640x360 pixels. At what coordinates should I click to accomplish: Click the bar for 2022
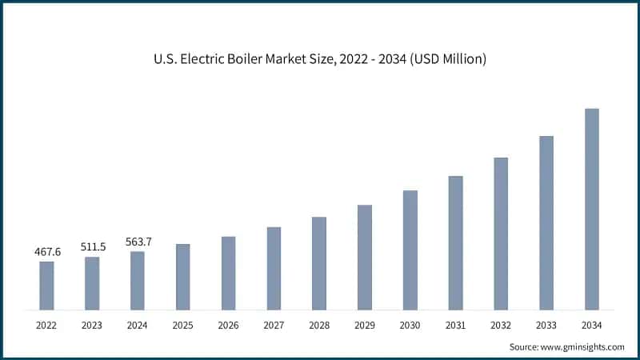coord(46,285)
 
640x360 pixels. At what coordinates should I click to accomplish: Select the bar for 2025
coord(183,276)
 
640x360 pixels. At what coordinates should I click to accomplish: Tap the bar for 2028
coord(319,262)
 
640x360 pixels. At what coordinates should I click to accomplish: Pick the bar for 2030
coord(410,250)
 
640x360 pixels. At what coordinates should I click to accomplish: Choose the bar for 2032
coord(501,233)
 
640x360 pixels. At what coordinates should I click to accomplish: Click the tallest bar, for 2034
coord(592,209)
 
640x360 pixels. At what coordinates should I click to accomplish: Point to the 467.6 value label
coord(47,252)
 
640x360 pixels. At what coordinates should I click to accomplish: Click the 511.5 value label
coord(93,246)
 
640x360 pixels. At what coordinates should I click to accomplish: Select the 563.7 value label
coord(138,241)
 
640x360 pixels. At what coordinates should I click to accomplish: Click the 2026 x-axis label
coord(229,325)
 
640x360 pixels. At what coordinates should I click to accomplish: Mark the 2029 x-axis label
coord(365,325)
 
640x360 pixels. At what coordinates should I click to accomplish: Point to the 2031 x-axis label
coord(456,325)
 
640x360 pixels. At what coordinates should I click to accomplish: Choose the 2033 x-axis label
coord(546,325)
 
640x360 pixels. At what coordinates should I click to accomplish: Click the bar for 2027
coord(274,268)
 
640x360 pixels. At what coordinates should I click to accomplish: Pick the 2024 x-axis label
coord(138,325)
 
